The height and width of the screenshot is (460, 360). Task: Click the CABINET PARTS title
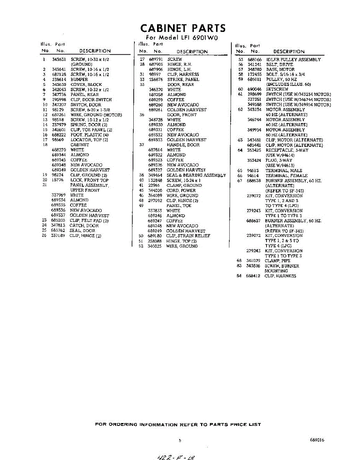183,28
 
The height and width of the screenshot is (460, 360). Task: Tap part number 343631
59,59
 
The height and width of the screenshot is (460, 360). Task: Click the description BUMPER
79,79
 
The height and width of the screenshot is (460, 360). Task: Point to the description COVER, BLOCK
86,84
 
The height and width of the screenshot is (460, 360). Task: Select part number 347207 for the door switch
59,105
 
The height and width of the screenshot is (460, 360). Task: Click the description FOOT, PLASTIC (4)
89,135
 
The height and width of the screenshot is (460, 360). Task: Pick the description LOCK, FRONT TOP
89,180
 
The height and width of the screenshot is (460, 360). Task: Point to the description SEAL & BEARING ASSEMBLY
196,175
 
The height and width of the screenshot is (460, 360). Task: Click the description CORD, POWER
181,191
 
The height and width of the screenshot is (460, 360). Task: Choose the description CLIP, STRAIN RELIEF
188,236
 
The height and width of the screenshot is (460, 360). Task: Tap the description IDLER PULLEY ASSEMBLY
293,60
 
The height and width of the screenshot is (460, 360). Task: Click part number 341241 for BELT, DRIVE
254,65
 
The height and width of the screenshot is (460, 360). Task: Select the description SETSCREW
277,89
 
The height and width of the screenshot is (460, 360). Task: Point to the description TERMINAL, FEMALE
286,176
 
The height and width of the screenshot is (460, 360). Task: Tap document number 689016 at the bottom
317,440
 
